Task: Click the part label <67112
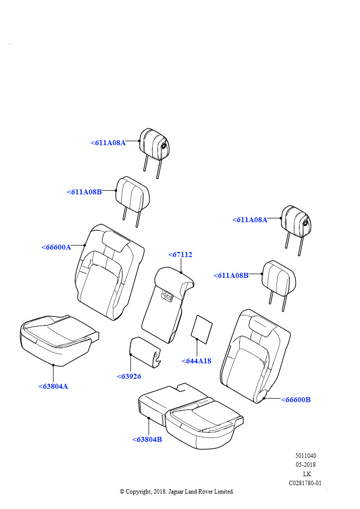pos(180,254)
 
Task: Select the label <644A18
pos(196,361)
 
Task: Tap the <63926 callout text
pos(129,376)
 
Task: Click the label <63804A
pos(53,386)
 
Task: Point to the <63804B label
pos(147,439)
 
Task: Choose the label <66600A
pos(56,247)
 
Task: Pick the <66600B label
pos(295,400)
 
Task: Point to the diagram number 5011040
pos(305,456)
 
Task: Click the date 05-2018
pos(305,465)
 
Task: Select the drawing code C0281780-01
pos(305,483)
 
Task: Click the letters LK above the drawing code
pos(307,474)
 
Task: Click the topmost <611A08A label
pos(108,143)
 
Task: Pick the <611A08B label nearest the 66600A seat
pos(84,192)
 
